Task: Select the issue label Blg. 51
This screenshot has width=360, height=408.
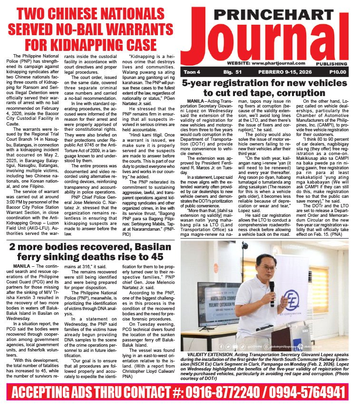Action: (233, 72)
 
